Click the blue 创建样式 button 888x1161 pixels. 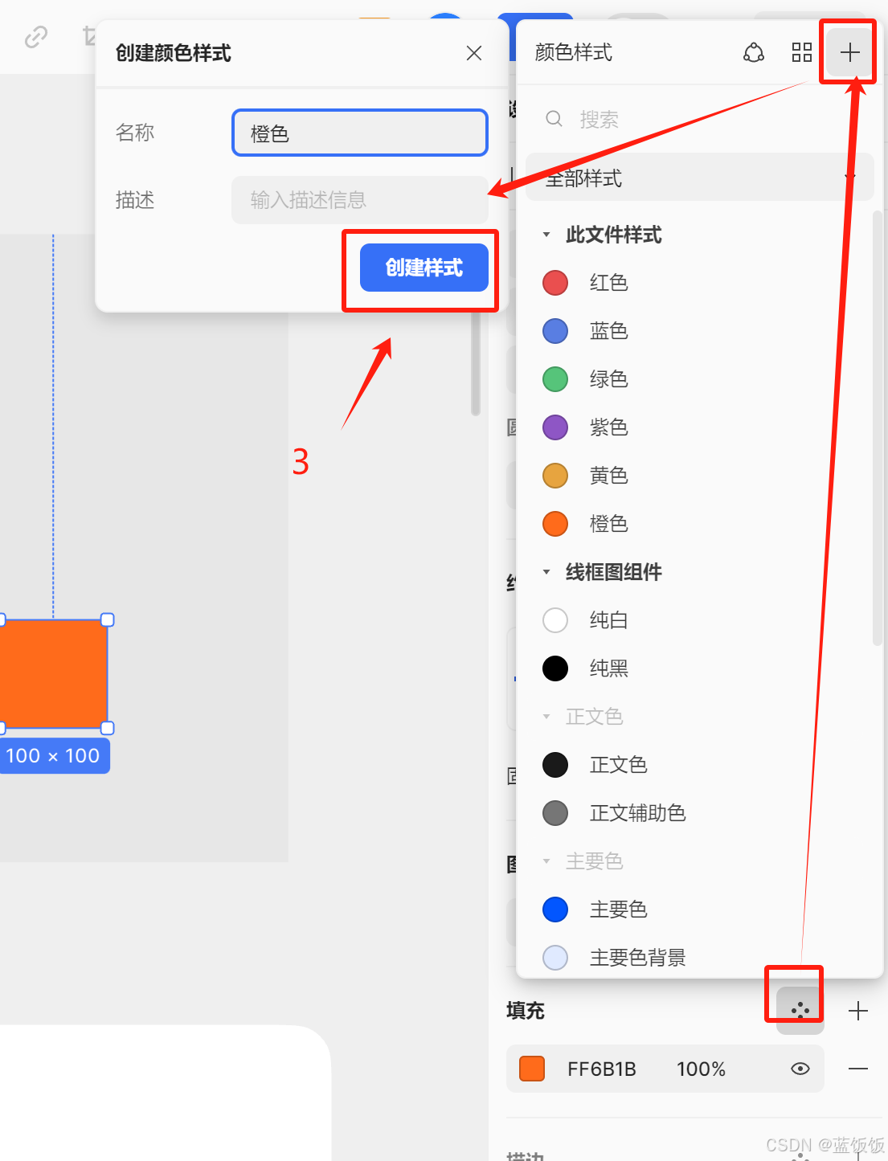pyautogui.click(x=424, y=268)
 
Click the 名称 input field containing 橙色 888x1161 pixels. pyautogui.click(x=360, y=133)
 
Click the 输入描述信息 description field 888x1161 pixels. pyautogui.click(x=360, y=200)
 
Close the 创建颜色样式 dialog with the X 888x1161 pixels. pyautogui.click(x=474, y=53)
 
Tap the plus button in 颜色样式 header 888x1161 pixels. pyautogui.click(x=849, y=53)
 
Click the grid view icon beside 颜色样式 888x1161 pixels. pyautogui.click(x=802, y=53)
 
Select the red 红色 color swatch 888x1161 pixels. pyautogui.click(x=555, y=283)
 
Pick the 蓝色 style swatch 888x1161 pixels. pyautogui.click(x=555, y=331)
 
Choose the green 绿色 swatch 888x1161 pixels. pyautogui.click(x=555, y=379)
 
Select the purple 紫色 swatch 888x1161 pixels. pyautogui.click(x=555, y=427)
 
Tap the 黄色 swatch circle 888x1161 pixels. pyautogui.click(x=555, y=476)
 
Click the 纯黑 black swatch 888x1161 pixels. pyautogui.click(x=555, y=668)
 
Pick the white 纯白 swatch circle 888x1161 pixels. pyautogui.click(x=555, y=620)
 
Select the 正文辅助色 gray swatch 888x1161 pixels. pyautogui.click(x=555, y=813)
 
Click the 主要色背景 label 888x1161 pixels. pyautogui.click(x=637, y=958)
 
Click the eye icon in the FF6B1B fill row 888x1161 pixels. pyautogui.click(x=800, y=1069)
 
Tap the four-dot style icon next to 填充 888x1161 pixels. pyautogui.click(x=800, y=1010)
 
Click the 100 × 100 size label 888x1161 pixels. pyautogui.click(x=53, y=756)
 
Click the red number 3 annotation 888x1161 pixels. pyautogui.click(x=301, y=462)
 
